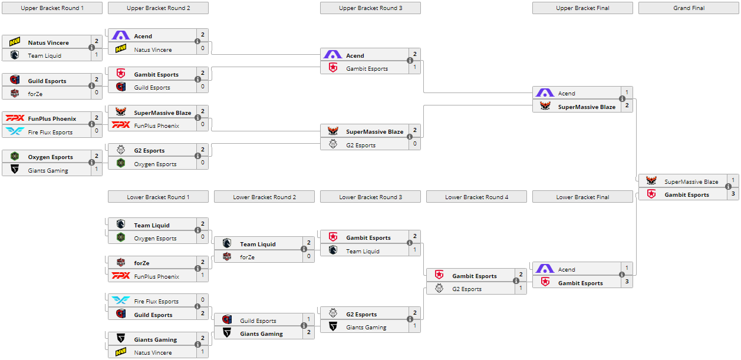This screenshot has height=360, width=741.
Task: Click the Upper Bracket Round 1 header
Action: pos(52,8)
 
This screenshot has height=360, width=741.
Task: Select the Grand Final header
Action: pos(689,8)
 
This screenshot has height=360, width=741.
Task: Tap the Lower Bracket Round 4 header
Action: pos(476,197)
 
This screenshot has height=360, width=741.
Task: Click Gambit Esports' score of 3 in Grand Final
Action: pos(733,194)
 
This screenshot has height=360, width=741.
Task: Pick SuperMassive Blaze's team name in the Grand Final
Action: pos(691,182)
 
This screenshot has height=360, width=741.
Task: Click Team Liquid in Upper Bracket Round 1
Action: pos(45,56)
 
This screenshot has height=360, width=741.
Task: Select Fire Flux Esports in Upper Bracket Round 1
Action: pos(50,133)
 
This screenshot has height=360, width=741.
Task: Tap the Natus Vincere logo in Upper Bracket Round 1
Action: pos(15,42)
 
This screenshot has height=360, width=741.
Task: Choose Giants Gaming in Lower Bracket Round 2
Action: pos(261,334)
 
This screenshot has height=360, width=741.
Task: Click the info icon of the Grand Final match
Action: pos(728,189)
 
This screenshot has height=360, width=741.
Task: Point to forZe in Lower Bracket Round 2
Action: pos(247,257)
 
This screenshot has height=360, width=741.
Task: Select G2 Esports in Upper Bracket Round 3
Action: pos(361,146)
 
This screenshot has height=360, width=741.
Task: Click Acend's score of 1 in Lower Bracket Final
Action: pos(627,269)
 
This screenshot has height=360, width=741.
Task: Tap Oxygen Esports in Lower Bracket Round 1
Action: pos(155,239)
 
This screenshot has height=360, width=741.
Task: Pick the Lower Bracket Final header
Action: pos(582,197)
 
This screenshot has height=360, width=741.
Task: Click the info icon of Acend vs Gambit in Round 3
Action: pos(410,61)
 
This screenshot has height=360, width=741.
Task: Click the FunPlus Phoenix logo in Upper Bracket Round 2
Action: pos(121,125)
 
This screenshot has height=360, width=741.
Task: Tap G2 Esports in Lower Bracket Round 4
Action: pos(467,289)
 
